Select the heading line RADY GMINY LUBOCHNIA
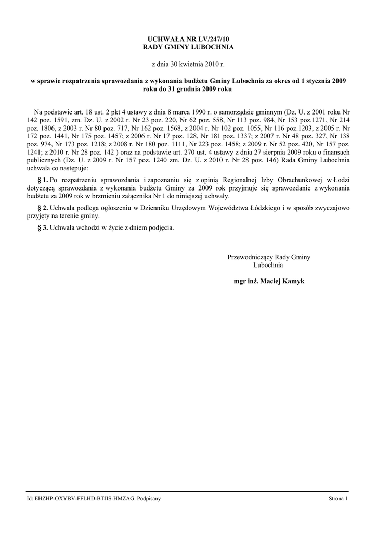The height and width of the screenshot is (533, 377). (188, 47)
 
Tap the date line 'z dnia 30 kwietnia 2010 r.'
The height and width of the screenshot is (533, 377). (188, 64)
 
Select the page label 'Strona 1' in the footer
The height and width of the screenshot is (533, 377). (337, 499)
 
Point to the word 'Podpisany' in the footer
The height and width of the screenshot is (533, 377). (149, 499)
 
